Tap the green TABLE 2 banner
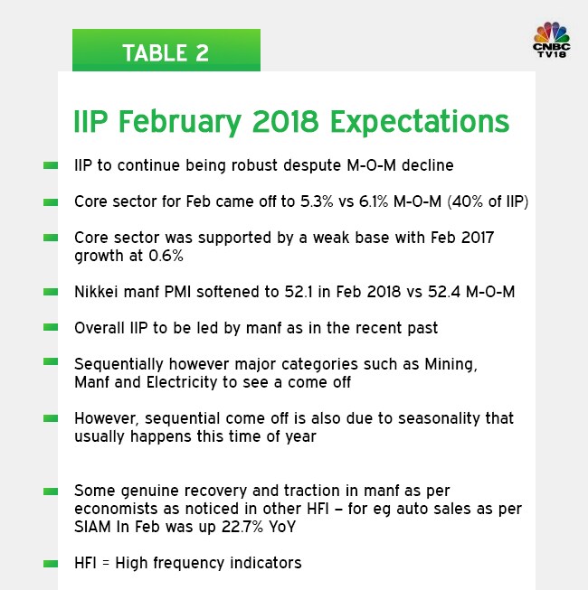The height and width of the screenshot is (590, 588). [166, 52]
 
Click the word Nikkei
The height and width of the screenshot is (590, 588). [95, 292]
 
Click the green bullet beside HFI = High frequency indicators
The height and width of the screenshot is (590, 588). [51, 563]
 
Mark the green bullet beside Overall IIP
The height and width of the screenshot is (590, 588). [51, 328]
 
